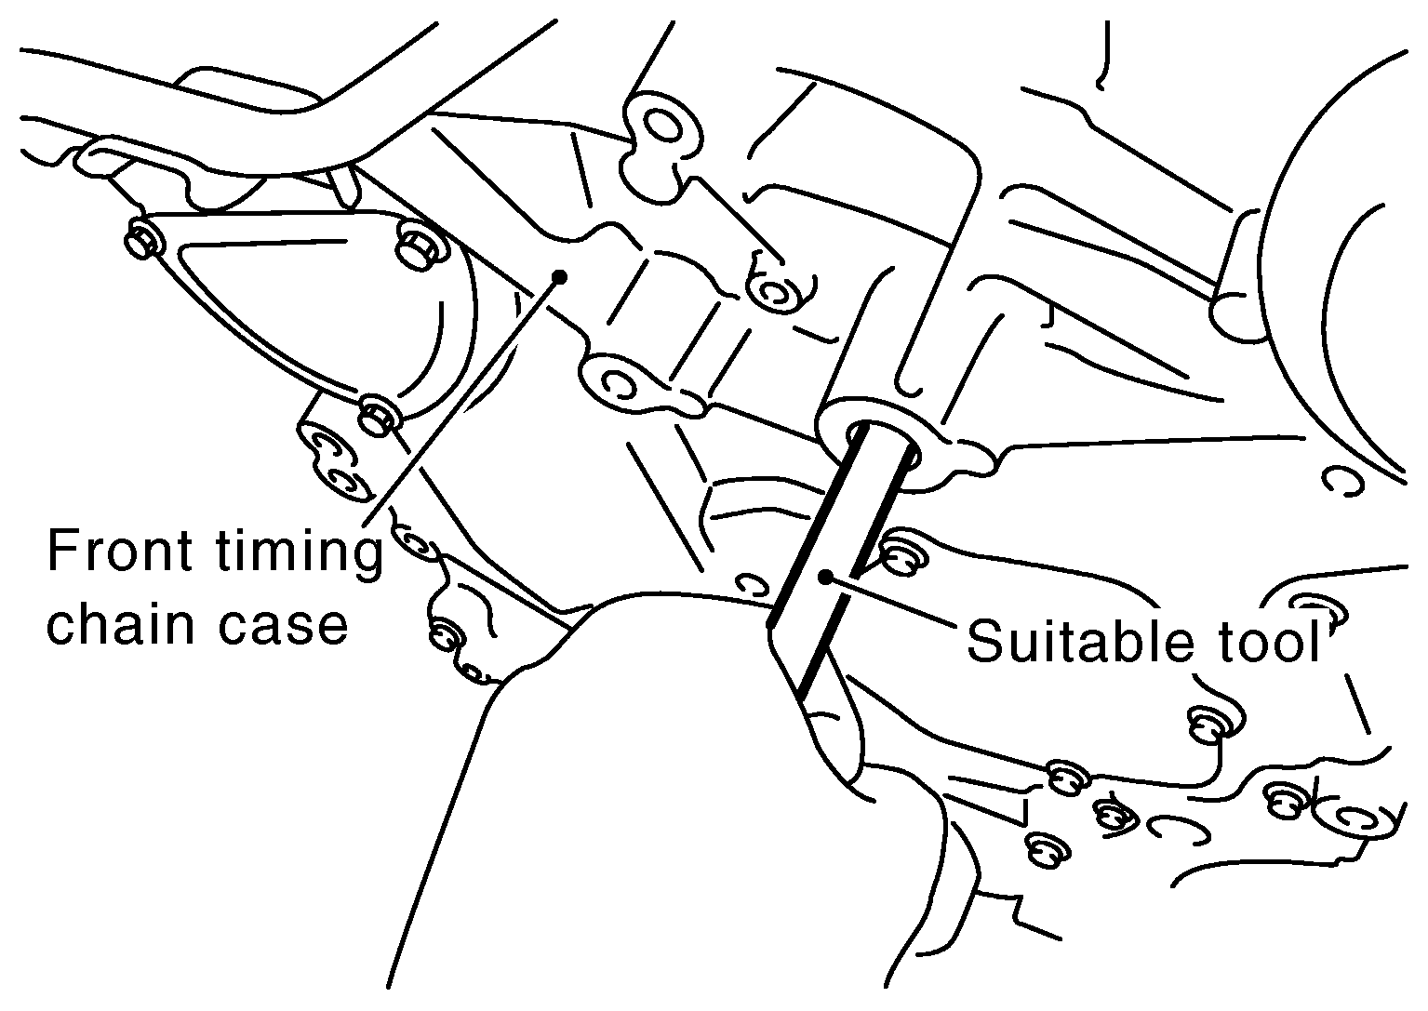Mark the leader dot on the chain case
(x=560, y=276)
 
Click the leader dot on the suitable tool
(x=825, y=577)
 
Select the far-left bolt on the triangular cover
(x=144, y=238)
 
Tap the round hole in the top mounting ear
(x=663, y=126)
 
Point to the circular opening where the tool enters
(x=883, y=445)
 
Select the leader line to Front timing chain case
(x=460, y=401)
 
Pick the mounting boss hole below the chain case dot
(x=617, y=384)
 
